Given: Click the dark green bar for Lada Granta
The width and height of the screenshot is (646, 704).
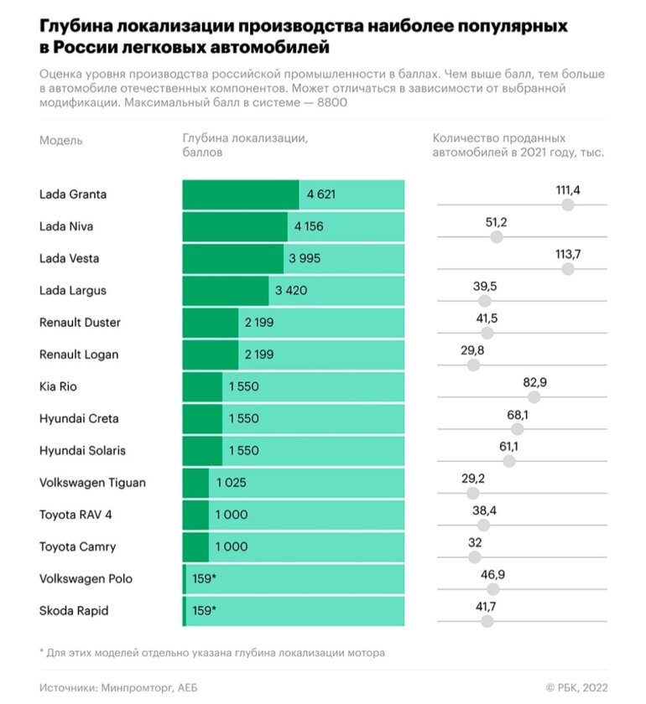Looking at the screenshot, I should point(240,194).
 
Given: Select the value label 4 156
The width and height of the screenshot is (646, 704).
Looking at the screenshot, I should point(308,226).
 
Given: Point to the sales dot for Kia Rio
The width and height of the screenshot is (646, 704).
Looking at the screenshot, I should point(534,397).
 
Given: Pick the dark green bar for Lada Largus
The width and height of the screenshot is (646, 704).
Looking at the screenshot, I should point(225,291).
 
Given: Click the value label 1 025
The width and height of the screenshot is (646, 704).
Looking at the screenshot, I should point(231,483).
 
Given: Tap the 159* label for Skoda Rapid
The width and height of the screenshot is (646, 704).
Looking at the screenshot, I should point(205,611).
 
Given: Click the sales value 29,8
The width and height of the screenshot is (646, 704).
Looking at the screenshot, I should point(473,351).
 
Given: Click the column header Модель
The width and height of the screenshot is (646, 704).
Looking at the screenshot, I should point(61,140).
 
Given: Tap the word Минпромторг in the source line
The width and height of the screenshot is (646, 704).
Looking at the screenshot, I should point(133,687).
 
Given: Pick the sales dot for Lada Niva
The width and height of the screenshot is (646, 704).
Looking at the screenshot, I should point(496,237).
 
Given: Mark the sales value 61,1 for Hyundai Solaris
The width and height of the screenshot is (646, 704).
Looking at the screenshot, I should point(508,447).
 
